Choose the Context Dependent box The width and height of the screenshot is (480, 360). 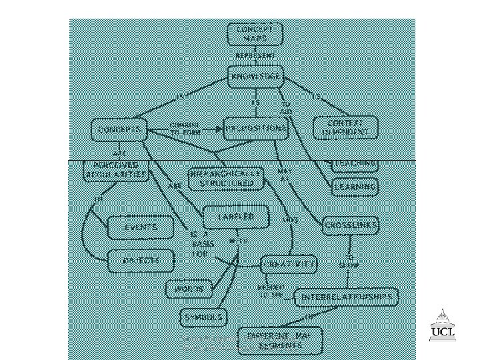coord(345,127)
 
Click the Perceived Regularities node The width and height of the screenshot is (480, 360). coord(115,170)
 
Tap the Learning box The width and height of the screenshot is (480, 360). coord(355,187)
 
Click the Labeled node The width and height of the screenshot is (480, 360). coord(237,217)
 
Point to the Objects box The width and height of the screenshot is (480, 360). coord(140,260)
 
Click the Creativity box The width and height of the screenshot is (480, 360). coord(288,265)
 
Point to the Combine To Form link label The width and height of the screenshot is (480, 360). coord(185,128)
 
